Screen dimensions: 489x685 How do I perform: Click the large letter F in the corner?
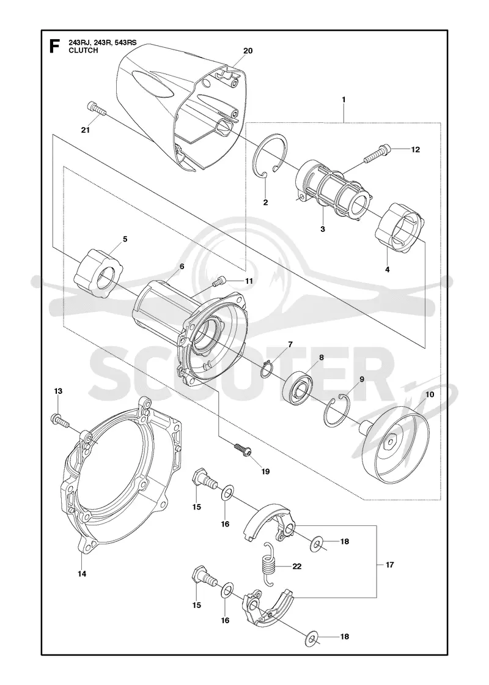pos(54,46)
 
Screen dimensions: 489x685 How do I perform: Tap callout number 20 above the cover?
pos(248,51)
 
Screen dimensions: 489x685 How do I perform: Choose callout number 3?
pos(323,229)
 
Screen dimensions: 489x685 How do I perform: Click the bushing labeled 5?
pos(98,273)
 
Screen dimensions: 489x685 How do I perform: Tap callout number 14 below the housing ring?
pos(82,574)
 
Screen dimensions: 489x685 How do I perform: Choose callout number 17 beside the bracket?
pos(389,565)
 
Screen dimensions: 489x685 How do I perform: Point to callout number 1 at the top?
pos(344,100)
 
